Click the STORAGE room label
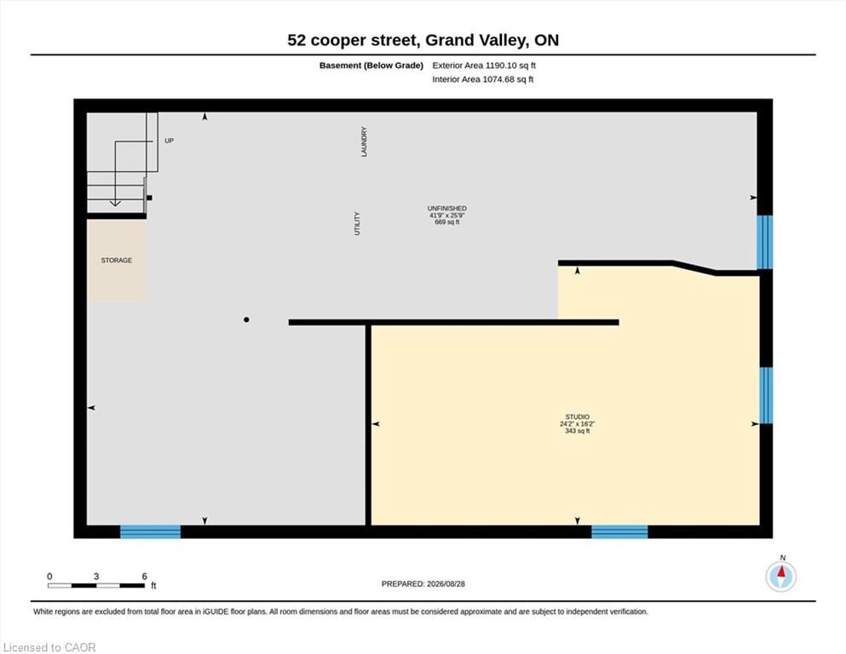117,261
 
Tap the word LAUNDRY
364,142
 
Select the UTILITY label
357,223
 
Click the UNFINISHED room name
446,208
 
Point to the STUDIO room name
578,416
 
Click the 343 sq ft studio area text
578,431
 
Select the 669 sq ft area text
446,221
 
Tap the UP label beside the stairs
169,141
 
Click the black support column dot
246,319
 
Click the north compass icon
780,577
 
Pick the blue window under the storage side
150,531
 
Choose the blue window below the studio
619,531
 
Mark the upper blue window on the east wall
764,242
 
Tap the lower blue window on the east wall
766,395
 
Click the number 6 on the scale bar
145,577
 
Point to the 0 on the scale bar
49,577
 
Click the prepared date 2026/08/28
446,584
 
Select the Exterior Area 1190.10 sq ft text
484,66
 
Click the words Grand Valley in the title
477,40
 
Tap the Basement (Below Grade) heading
371,66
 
